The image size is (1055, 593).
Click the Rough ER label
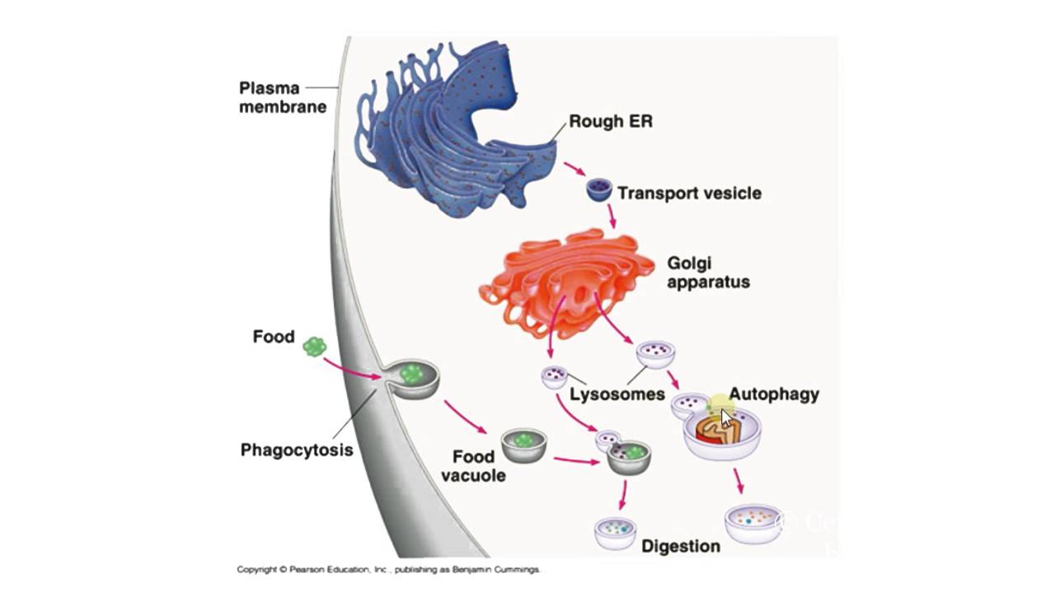(610, 122)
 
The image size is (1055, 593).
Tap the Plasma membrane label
(283, 97)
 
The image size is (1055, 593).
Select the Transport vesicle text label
(689, 194)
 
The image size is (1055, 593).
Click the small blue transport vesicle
(598, 190)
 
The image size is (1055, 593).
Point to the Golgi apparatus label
(708, 273)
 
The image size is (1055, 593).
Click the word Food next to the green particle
(274, 337)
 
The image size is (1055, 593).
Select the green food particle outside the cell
(315, 347)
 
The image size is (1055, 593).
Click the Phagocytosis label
(297, 450)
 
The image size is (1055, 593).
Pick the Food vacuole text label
(473, 465)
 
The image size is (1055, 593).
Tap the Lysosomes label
(617, 394)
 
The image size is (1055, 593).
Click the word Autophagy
(774, 394)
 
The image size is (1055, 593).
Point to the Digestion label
(681, 546)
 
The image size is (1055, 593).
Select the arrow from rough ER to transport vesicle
(574, 169)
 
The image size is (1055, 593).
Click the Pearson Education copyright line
(388, 569)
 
